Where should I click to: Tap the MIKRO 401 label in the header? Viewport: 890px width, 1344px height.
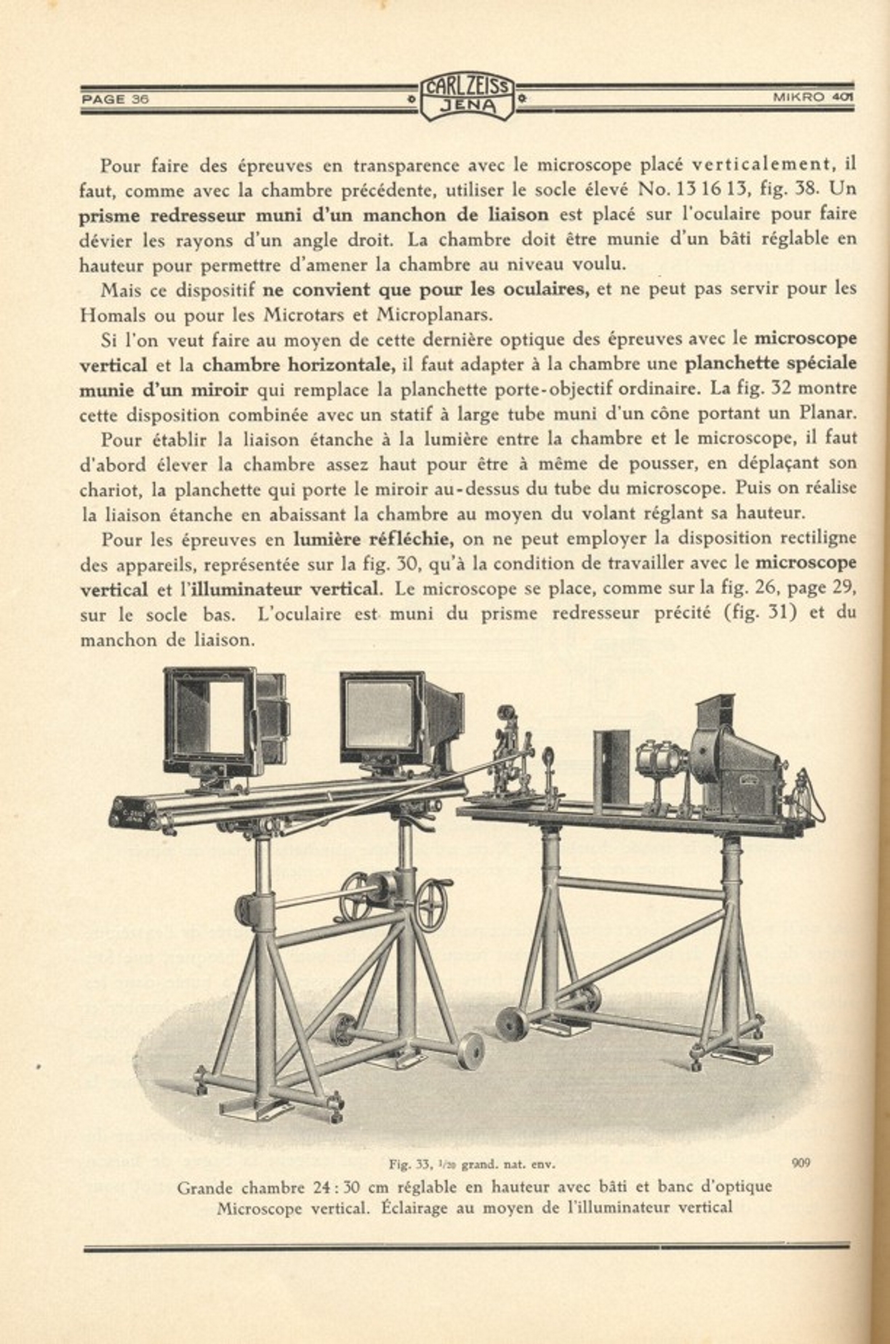[812, 97]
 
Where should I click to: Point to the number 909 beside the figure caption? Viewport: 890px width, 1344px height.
[801, 1162]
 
